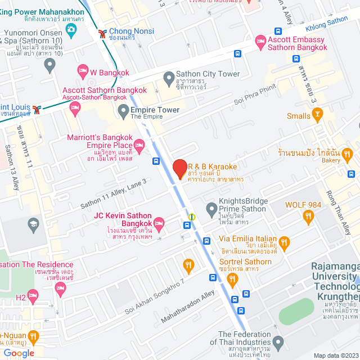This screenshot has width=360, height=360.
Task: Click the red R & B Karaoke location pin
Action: pyautogui.click(x=179, y=168)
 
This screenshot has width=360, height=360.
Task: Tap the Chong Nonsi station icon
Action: pyautogui.click(x=102, y=33)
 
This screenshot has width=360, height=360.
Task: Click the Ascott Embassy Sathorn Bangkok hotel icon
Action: pyautogui.click(x=260, y=40)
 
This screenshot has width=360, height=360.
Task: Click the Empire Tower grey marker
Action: pyautogui.click(x=123, y=112)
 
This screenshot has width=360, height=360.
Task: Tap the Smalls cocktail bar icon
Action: pyautogui.click(x=318, y=116)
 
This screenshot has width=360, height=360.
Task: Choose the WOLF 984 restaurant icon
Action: pyautogui.click(x=308, y=216)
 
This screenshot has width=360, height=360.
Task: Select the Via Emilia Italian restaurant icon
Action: pyautogui.click(x=285, y=244)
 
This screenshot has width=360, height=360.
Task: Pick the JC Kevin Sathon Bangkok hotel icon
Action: pyautogui.click(x=159, y=224)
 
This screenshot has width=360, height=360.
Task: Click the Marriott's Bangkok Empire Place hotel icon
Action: pyautogui.click(x=140, y=145)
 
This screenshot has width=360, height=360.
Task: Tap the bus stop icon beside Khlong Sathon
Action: pyautogui.click(x=278, y=31)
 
